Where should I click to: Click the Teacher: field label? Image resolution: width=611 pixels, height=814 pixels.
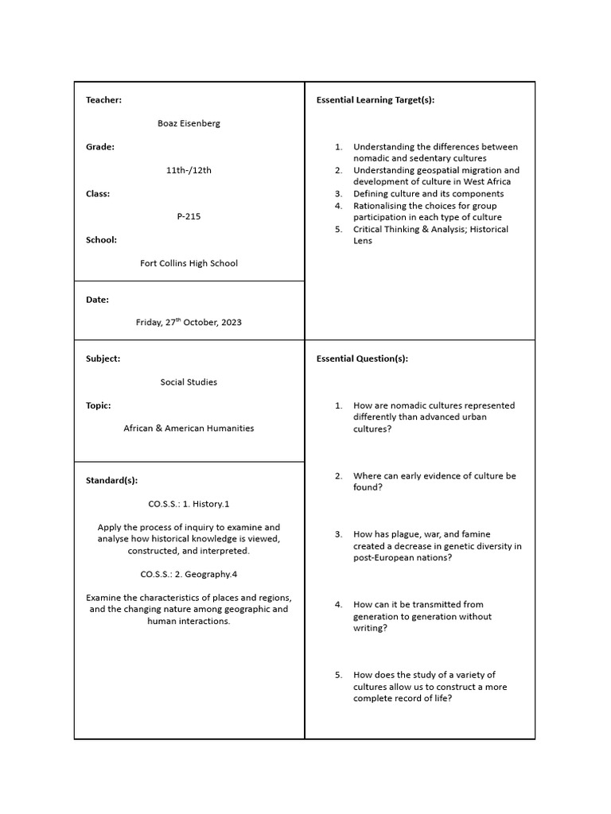coord(103,100)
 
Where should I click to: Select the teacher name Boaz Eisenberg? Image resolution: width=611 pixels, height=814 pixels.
coord(189,123)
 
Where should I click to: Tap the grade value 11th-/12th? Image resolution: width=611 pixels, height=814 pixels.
coord(189,170)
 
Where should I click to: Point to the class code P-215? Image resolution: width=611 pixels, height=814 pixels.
coord(189,216)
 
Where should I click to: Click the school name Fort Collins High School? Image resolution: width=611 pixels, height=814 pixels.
coord(189,263)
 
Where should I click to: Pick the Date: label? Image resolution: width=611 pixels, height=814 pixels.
coord(97,300)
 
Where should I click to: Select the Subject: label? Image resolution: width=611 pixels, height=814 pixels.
coord(103,359)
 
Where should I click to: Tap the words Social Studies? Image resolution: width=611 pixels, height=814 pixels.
coord(189,382)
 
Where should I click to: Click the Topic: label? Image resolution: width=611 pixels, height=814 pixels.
coord(98,405)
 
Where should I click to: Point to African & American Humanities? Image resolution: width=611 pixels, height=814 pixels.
coord(189,428)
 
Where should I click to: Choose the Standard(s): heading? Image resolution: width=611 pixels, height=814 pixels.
coord(111,480)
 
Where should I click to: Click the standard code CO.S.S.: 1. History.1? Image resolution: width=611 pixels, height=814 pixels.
coord(189,504)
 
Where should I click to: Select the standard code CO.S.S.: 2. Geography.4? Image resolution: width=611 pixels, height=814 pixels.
coord(189,574)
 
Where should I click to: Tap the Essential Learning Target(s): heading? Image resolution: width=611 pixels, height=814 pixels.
coord(376,100)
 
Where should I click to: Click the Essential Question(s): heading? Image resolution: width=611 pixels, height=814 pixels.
coord(362,359)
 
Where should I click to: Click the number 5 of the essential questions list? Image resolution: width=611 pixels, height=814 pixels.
coord(338,675)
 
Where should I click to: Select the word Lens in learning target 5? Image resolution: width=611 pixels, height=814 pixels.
coord(363,241)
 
